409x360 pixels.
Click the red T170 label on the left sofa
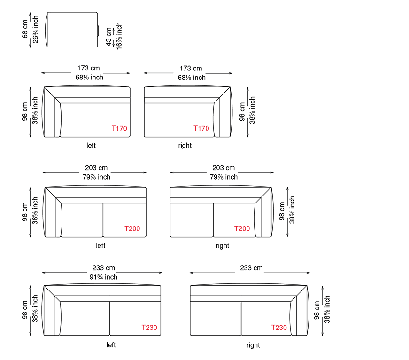pos(119,128)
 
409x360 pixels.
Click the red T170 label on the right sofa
pos(201,128)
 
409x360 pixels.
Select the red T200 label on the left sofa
pos(132,229)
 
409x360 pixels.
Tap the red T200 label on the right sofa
pos(242,229)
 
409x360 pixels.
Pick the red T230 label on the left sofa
pos(149,328)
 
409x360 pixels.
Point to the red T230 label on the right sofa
pos(279,328)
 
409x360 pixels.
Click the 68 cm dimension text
pos(25,29)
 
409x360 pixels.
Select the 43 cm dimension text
pos(109,37)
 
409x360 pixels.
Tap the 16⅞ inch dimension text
pos(119,36)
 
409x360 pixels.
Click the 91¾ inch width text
pos(103,277)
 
